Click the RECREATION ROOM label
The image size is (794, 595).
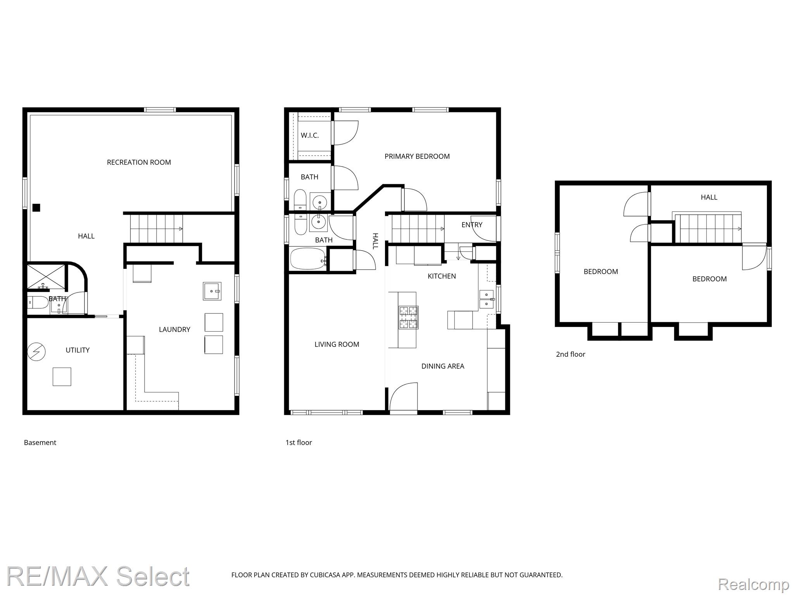pos(139,162)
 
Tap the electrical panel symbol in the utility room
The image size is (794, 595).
pos(36,352)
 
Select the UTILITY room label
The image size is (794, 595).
pos(78,350)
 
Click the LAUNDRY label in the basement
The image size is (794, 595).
pos(174,330)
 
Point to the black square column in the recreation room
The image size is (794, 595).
pos(36,208)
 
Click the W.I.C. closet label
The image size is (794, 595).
pos(310,136)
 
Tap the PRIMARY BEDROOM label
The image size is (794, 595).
pos(417,156)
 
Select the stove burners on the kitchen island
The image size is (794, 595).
pos(409,318)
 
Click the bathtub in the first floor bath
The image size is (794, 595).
pos(308,259)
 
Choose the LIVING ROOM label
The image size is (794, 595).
pos(337,344)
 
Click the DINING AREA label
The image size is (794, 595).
pos(443,366)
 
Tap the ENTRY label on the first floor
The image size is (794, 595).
pos(472,225)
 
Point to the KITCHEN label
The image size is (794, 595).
pos(442,276)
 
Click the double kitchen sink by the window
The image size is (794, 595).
pos(486,299)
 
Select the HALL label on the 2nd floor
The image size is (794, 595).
pos(709,197)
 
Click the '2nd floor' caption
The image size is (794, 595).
pos(571,354)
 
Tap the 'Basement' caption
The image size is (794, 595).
pos(40,442)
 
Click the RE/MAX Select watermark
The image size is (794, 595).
pos(98,576)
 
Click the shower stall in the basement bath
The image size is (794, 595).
pos(46,277)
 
